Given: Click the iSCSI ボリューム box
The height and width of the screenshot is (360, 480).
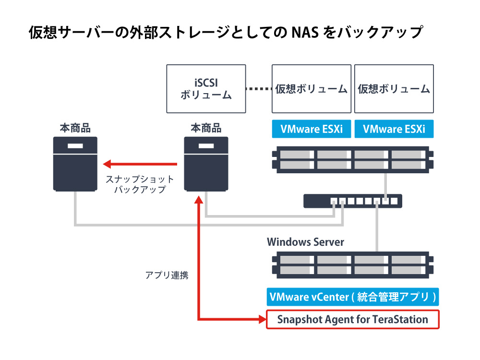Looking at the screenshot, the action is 206,89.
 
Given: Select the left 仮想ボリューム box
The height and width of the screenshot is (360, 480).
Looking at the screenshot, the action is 312,89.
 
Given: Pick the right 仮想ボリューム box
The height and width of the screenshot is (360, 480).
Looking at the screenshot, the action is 394,89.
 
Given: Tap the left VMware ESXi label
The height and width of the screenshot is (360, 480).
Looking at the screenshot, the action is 312,129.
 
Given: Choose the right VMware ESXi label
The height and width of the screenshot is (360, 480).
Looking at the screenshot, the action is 394,129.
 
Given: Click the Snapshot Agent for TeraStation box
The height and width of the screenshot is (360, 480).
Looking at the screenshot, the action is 353,320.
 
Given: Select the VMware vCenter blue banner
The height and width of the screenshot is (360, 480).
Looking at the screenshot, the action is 353,297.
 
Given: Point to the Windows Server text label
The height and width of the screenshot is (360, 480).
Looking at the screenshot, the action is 305,242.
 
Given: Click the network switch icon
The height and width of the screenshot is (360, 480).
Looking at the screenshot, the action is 353,201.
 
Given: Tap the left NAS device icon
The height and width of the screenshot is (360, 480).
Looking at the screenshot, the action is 75,164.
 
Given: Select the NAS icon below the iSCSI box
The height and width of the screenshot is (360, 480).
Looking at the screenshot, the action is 206,164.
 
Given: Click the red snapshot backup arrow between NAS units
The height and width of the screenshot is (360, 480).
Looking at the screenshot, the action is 140,164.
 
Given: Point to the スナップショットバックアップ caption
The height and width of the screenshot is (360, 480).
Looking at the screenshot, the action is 140,184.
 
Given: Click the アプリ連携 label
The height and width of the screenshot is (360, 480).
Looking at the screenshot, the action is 167,275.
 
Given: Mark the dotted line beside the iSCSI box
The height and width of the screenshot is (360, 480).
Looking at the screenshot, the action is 259,89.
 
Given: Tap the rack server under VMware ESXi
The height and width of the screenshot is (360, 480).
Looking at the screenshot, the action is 353,160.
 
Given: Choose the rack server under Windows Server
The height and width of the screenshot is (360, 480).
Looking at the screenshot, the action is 353,265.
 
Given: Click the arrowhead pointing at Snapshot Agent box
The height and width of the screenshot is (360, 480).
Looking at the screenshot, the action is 263,320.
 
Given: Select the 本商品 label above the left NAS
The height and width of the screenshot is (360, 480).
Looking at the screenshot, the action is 75,128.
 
